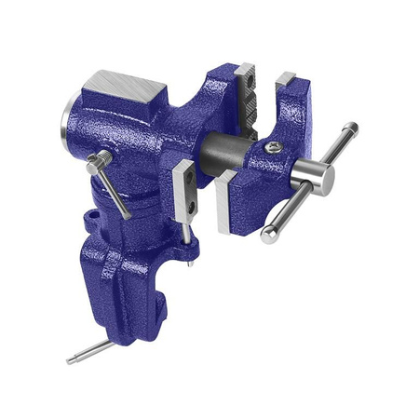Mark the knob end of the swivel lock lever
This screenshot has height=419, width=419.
coord(92,164)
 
